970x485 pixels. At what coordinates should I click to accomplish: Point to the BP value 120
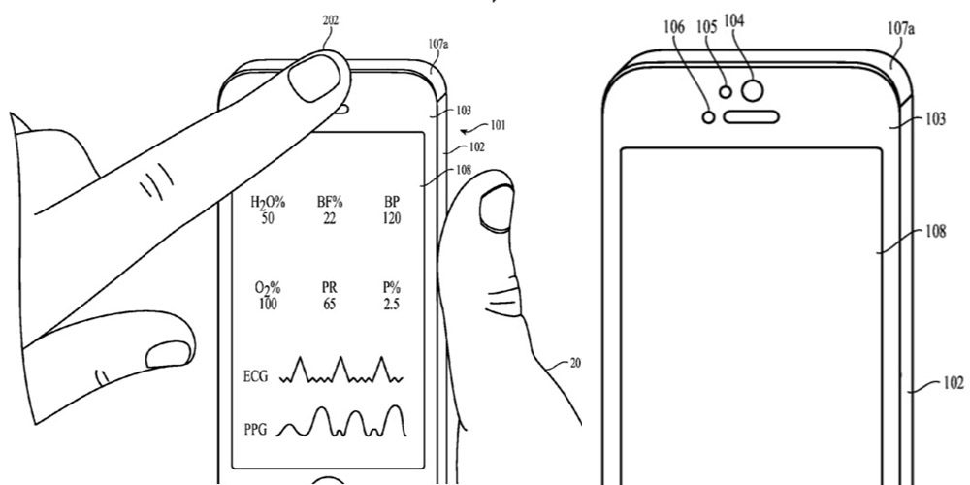click(x=392, y=220)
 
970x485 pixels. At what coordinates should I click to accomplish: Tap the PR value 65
click(x=329, y=305)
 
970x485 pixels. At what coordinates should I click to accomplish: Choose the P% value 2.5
click(x=392, y=305)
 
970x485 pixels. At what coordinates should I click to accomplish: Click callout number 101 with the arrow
click(x=498, y=125)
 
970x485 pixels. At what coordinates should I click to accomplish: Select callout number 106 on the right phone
click(x=675, y=27)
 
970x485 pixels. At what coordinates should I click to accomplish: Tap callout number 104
click(x=736, y=20)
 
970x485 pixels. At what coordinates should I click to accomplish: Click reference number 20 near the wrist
click(x=575, y=365)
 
